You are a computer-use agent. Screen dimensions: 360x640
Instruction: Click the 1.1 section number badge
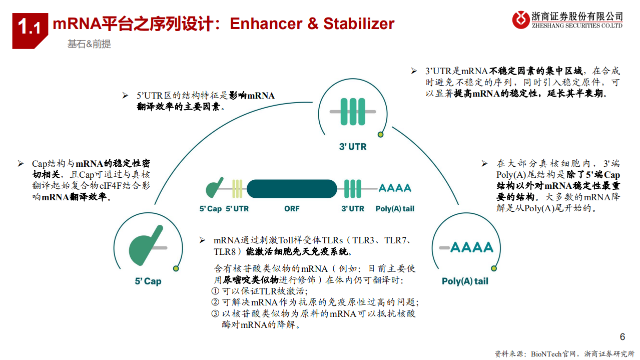pos(30,27)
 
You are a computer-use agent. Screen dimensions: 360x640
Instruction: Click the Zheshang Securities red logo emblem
pos(521,20)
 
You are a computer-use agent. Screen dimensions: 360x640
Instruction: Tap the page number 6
pos(622,337)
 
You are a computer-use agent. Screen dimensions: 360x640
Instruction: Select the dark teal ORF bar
pos(292,188)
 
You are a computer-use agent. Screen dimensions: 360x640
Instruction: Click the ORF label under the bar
pos(292,209)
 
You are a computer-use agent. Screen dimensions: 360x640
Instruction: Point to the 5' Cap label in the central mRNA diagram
pos(210,209)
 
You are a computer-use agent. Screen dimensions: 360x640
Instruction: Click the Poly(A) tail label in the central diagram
pos(395,209)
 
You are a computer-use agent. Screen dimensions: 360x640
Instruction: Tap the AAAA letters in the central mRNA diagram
pos(395,188)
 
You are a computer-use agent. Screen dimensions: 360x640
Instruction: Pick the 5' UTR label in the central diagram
pos(237,209)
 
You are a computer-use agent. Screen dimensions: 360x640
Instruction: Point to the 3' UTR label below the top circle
pos(353,147)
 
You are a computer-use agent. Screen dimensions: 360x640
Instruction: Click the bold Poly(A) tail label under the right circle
pos(465,281)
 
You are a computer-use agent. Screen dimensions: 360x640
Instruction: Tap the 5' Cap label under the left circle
pos(148,281)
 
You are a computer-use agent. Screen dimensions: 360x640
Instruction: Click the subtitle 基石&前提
pos(89,44)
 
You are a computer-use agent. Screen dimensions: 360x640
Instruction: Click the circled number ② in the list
pos(215,302)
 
